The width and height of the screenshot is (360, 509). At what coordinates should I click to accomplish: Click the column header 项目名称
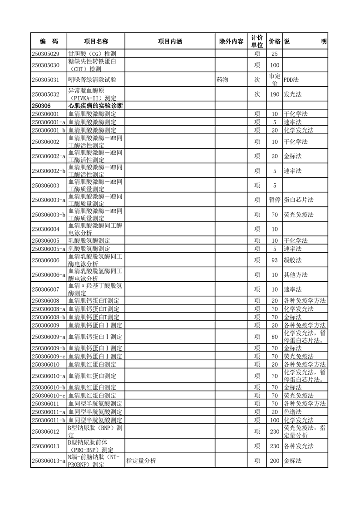[x=96, y=41]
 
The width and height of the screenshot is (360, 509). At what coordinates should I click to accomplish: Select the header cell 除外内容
[x=231, y=41]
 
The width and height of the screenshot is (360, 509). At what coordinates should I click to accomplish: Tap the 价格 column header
[x=274, y=41]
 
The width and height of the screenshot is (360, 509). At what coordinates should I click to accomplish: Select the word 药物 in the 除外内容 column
[x=222, y=80]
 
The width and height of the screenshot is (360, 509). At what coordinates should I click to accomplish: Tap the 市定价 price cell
[x=274, y=80]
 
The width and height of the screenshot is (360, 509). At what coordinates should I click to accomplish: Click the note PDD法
[x=291, y=80]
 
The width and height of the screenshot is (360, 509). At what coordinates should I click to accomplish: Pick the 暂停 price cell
[x=274, y=200]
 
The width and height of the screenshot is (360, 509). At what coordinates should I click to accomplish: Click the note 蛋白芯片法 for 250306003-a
[x=298, y=200]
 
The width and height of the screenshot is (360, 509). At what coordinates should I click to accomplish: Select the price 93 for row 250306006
[x=274, y=260]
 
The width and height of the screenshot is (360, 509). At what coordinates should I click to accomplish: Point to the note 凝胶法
[x=293, y=260]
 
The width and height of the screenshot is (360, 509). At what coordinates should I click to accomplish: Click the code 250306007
[x=45, y=289]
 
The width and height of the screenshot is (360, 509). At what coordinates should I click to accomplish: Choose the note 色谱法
[x=293, y=412]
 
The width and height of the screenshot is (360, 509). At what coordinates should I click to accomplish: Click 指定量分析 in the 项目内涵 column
[x=141, y=461]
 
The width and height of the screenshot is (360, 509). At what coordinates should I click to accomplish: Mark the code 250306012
[x=45, y=431]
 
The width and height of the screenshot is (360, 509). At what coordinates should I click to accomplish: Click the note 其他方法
[x=296, y=275]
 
